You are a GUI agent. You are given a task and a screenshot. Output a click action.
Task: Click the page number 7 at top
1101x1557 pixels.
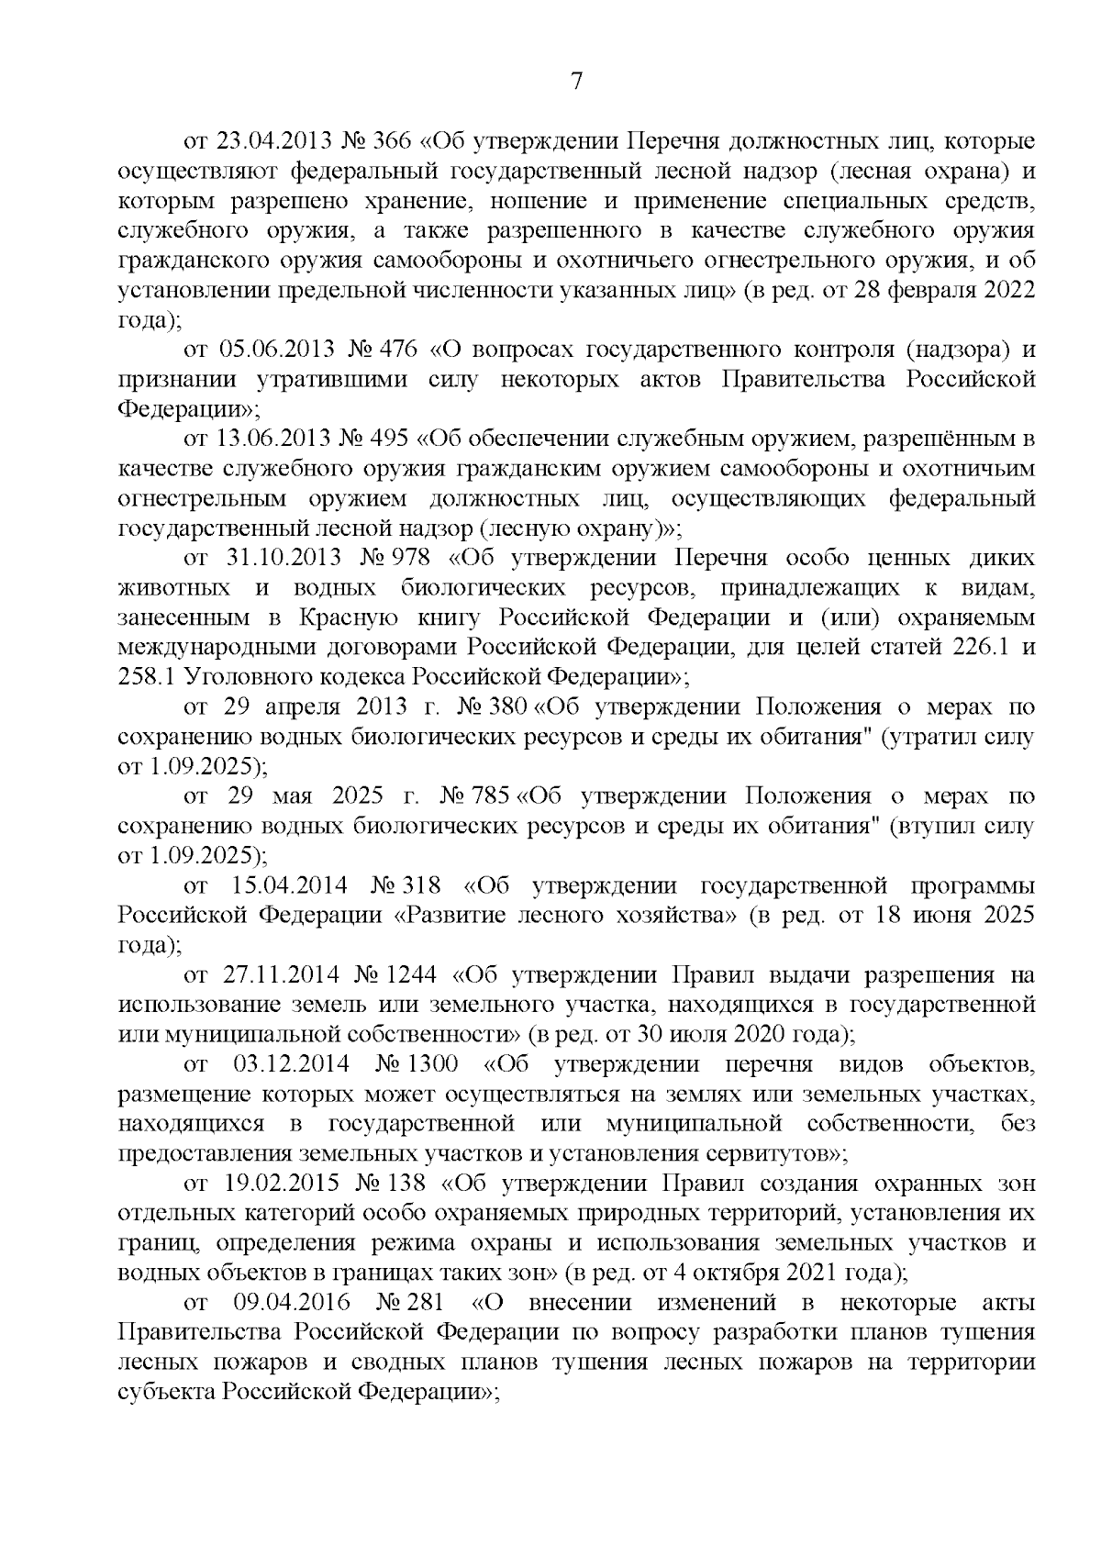(576, 82)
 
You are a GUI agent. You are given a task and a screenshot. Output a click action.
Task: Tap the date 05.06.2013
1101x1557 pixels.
(278, 350)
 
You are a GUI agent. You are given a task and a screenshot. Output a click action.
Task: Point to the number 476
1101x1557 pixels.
(396, 350)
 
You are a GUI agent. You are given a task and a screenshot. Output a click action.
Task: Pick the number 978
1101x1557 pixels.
(404, 558)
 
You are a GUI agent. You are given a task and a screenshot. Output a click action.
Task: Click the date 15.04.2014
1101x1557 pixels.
(290, 885)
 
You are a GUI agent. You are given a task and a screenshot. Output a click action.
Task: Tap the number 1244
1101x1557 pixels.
(411, 974)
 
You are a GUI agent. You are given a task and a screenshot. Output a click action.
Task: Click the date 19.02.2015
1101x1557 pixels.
(272, 1184)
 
